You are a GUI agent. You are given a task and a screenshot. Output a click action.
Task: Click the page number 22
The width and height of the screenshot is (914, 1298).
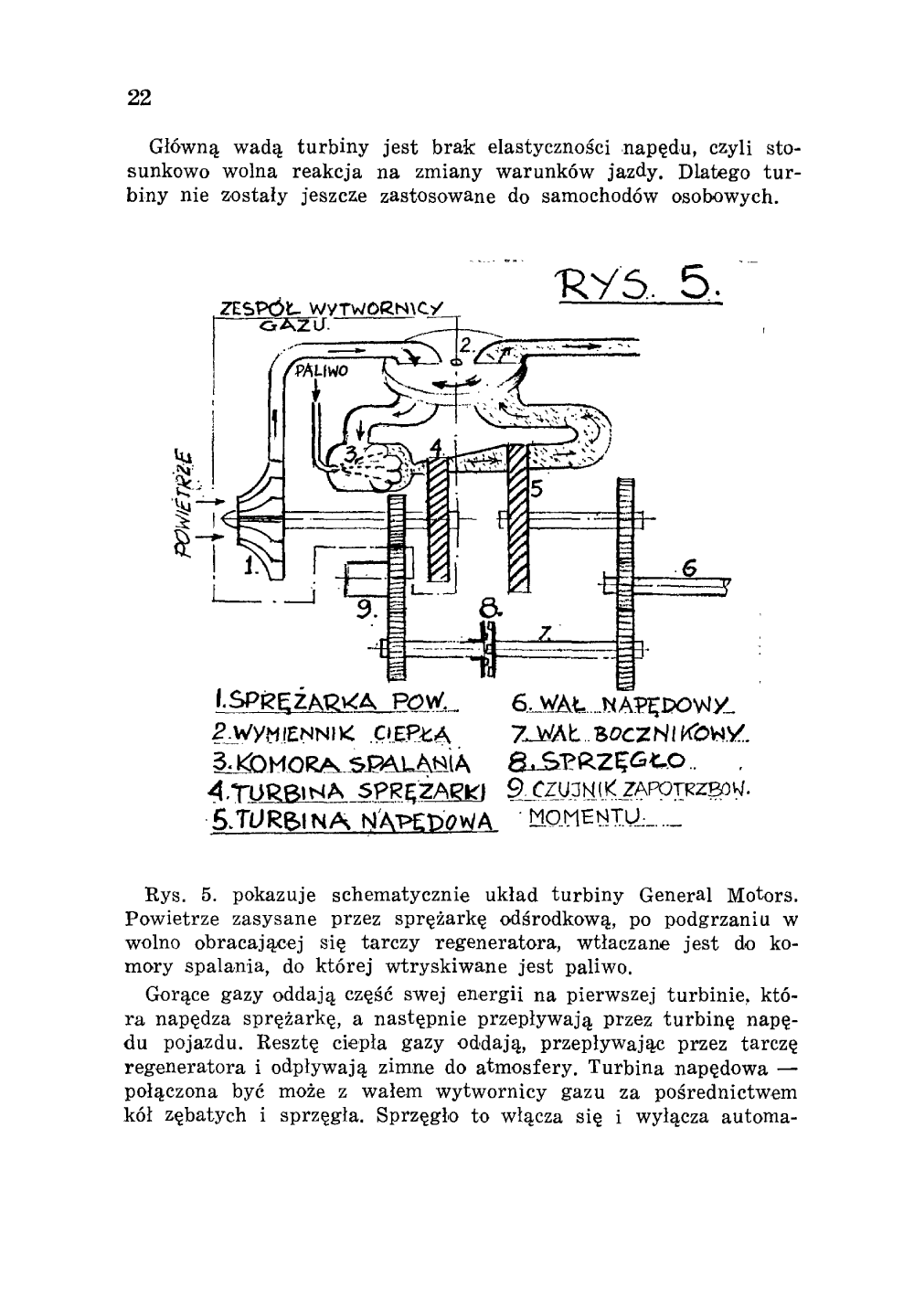coord(139,98)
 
